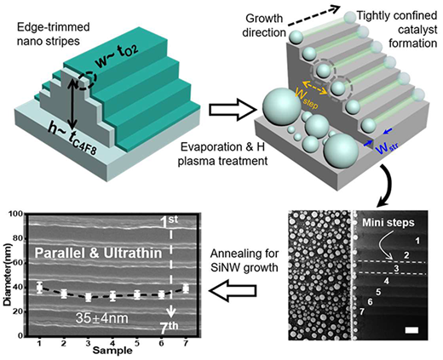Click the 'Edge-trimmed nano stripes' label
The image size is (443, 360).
[54, 34]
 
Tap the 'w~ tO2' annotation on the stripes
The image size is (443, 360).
[118, 57]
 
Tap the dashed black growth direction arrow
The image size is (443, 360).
[314, 16]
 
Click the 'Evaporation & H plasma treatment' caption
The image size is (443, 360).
[222, 154]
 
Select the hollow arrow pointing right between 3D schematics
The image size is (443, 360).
[233, 110]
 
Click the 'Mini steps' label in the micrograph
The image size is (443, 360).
[388, 223]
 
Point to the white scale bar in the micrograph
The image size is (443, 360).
[411, 330]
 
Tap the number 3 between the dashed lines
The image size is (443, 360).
[396, 268]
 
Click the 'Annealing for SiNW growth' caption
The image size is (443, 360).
[245, 260]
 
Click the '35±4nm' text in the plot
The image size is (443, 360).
[101, 318]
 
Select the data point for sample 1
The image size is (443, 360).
[39, 288]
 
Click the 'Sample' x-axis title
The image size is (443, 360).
[112, 351]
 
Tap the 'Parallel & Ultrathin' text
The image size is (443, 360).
[98, 253]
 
